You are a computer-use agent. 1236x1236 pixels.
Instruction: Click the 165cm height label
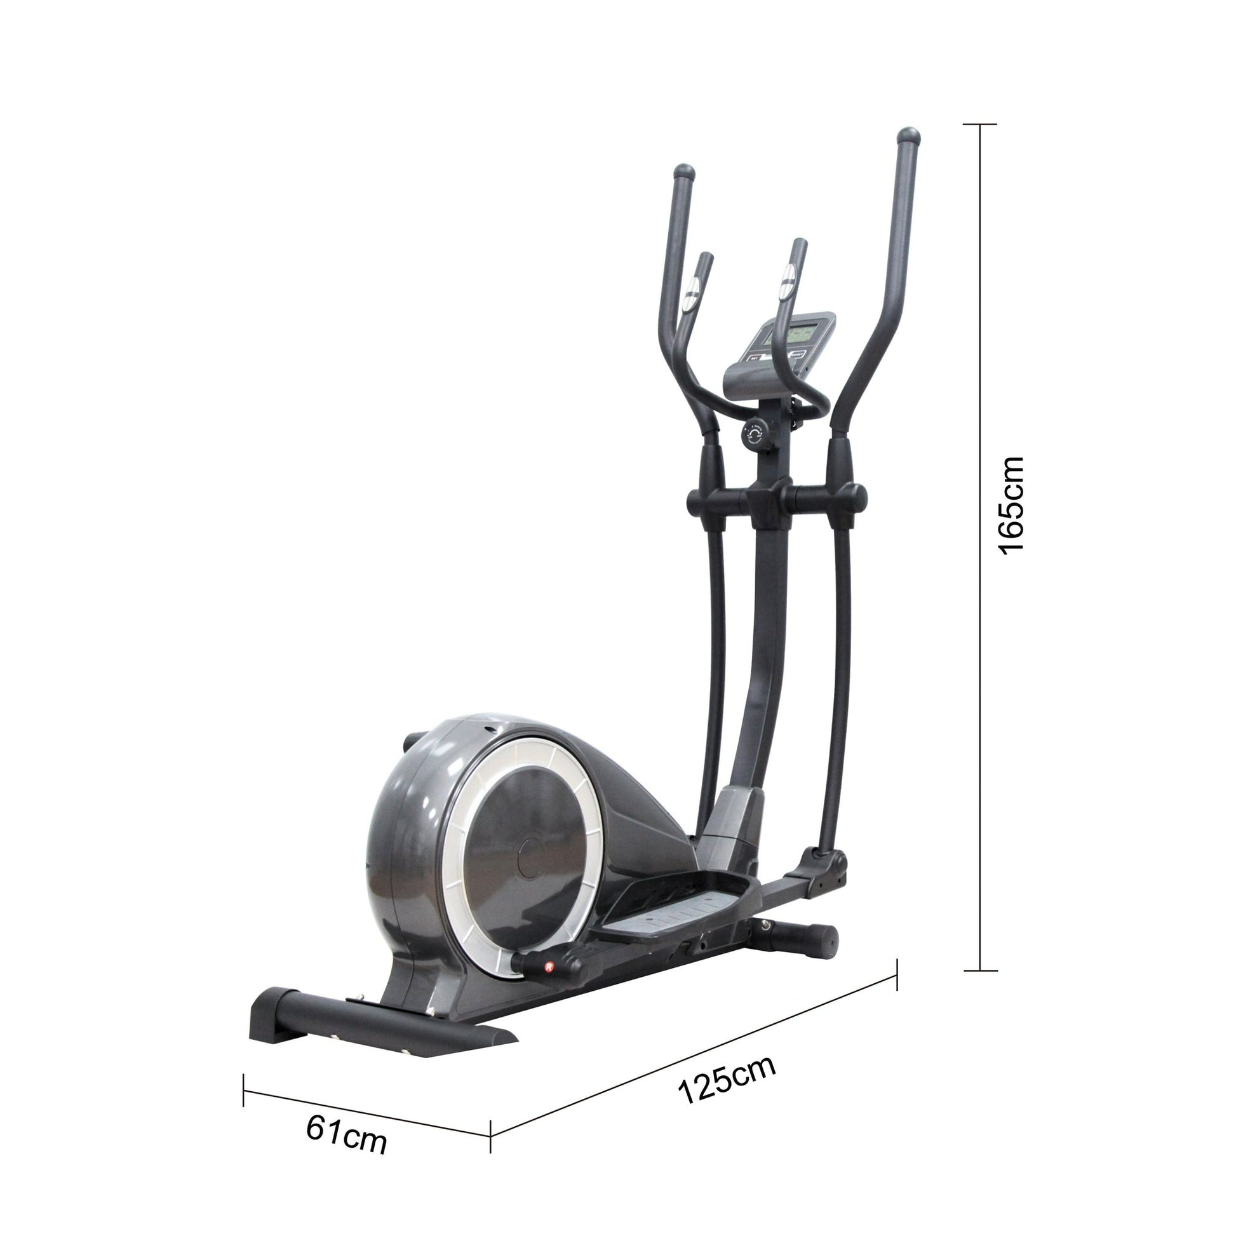coord(1011,506)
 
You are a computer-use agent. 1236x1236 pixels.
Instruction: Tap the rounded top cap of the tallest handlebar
coord(909,137)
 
